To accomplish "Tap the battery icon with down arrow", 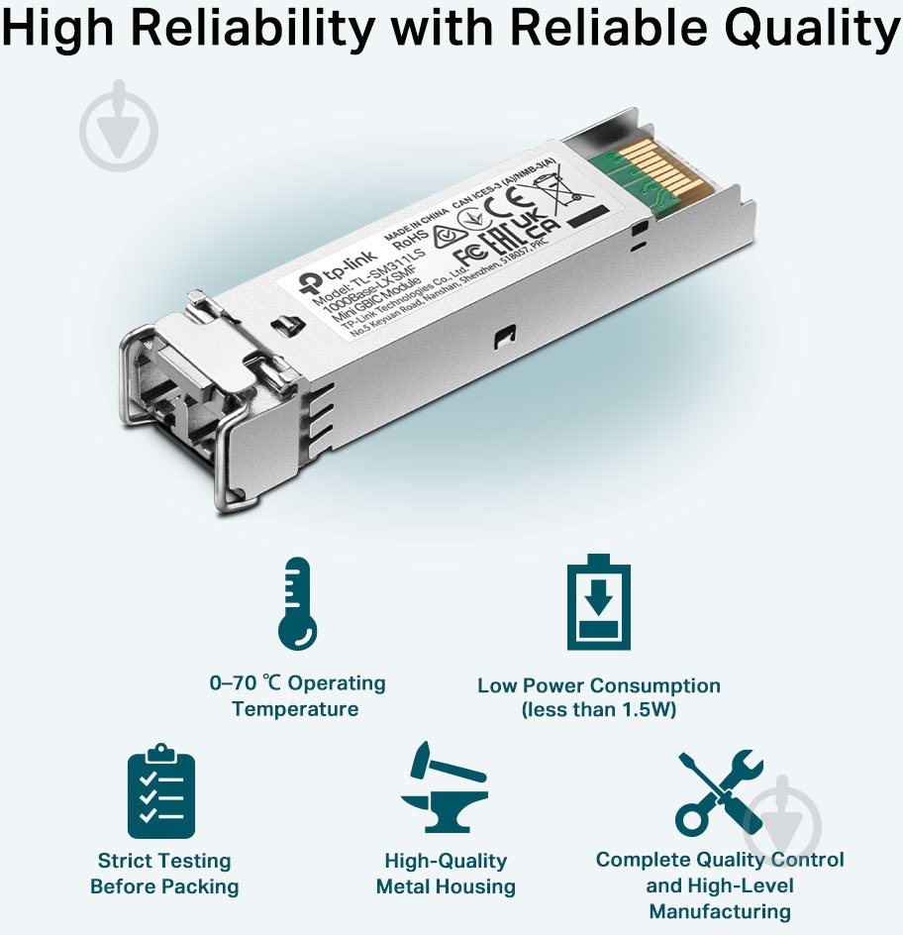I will pos(598,602).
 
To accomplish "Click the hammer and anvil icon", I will pos(444,792).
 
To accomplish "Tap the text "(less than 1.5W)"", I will pos(598,711).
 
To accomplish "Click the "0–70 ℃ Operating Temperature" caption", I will pos(296,696).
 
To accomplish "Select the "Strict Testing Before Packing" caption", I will pos(164,874).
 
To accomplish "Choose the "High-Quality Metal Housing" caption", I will pos(445,874).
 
